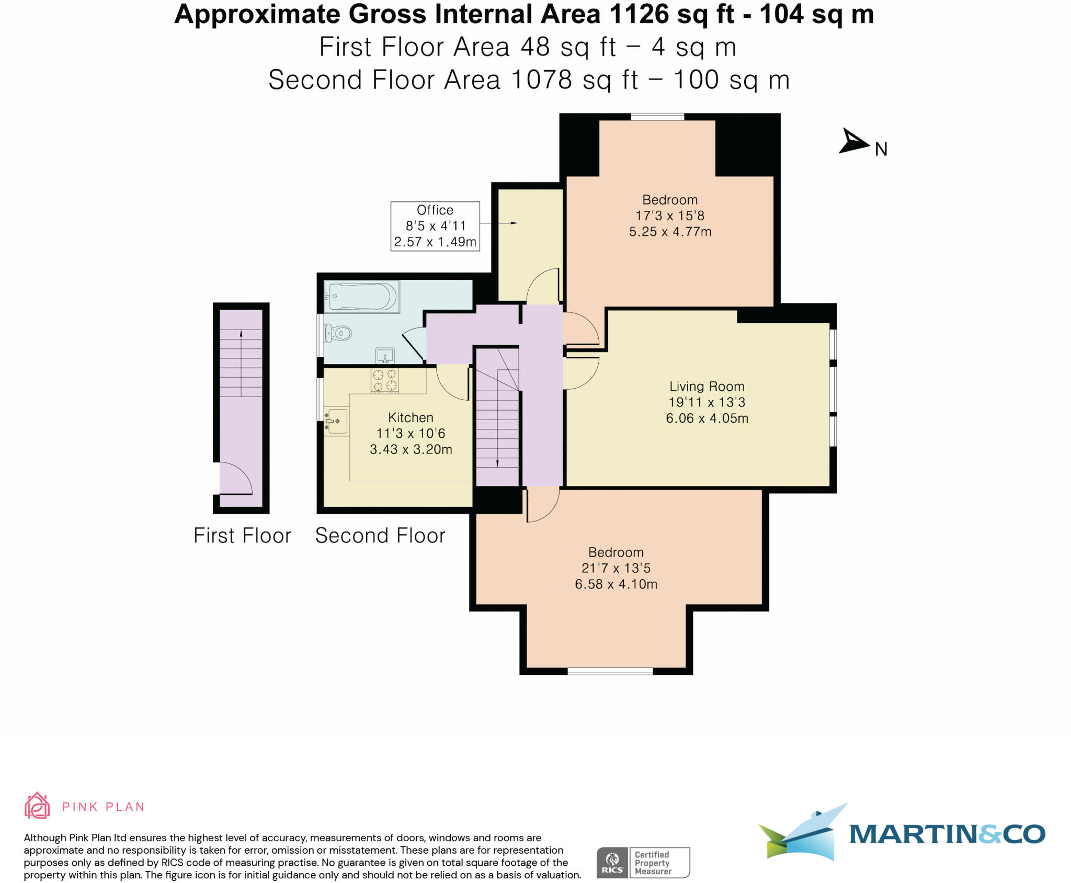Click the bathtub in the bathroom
361,297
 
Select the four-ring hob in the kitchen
385,380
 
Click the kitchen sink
336,421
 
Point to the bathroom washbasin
385,356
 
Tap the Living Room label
707,387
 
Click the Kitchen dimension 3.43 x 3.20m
411,449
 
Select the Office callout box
435,226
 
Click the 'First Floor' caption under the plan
242,536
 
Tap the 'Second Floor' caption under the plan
380,536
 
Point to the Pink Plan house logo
37,806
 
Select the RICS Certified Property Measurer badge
643,863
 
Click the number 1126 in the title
639,14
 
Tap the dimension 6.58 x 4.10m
616,584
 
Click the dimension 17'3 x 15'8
670,216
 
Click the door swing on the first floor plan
236,479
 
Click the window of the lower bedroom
610,671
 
